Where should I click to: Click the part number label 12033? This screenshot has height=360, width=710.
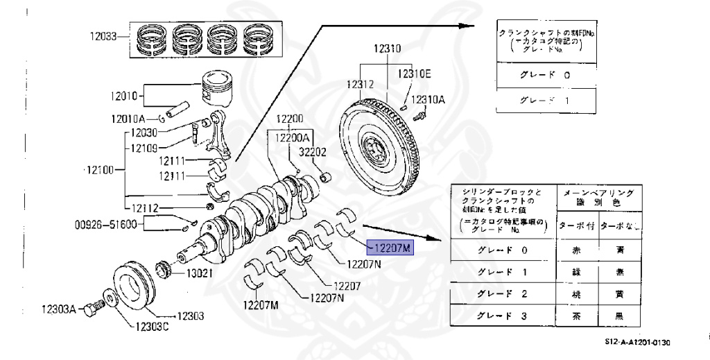point(103,36)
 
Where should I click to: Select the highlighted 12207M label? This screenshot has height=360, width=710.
point(390,246)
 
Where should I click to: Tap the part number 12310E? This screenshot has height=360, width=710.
point(414,73)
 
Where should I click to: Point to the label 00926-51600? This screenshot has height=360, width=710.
point(106,224)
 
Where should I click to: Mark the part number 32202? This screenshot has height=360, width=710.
point(313,151)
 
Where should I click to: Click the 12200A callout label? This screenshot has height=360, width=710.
point(294,138)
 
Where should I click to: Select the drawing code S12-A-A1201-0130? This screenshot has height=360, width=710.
point(637,342)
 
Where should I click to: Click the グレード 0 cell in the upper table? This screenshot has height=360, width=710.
point(545,76)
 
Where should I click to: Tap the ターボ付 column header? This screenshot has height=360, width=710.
point(577,225)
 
